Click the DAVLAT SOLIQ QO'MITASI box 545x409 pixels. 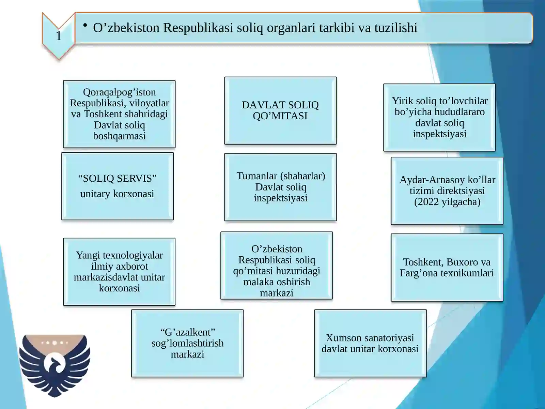[x=280, y=110]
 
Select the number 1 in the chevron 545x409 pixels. [x=59, y=36]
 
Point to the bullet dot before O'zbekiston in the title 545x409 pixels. [x=85, y=25]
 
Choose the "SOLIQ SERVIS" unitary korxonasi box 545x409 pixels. [x=117, y=186]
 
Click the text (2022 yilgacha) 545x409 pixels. [x=447, y=202]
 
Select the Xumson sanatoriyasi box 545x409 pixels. [x=370, y=343]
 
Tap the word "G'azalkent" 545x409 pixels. [x=187, y=332]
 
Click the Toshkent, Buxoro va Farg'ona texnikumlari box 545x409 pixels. [x=447, y=268]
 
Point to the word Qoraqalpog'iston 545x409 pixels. [x=119, y=92]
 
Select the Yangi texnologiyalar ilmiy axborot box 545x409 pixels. [x=119, y=272]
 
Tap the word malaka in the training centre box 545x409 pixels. [x=257, y=282]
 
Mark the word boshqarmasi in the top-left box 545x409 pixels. [x=119, y=136]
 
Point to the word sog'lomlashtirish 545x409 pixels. [x=187, y=343]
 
